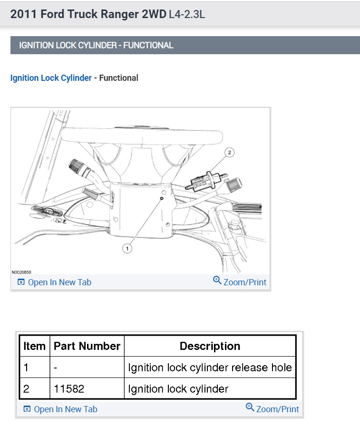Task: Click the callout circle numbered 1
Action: pyautogui.click(x=127, y=248)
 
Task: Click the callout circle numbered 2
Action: pyautogui.click(x=230, y=153)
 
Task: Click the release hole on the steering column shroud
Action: pyautogui.click(x=162, y=198)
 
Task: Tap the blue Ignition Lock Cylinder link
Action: pyautogui.click(x=51, y=78)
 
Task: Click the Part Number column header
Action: pyautogui.click(x=87, y=346)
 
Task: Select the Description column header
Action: pyautogui.click(x=210, y=346)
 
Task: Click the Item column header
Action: pyautogui.click(x=34, y=346)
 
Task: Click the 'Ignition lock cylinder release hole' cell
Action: pyautogui.click(x=210, y=368)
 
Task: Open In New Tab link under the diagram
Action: pyautogui.click(x=55, y=282)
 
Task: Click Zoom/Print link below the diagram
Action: pyautogui.click(x=240, y=282)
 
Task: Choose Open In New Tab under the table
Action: pyautogui.click(x=60, y=409)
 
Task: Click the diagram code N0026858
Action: pyautogui.click(x=21, y=272)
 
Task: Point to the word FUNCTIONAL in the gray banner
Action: pyautogui.click(x=148, y=46)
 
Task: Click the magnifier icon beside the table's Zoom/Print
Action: pyautogui.click(x=250, y=407)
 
